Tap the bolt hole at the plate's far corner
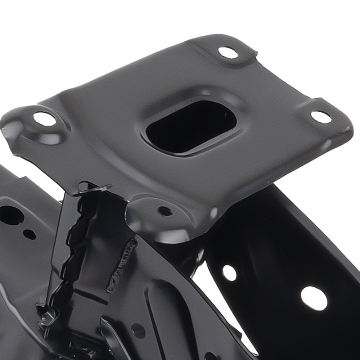tap(228, 53)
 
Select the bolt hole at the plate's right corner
tap(320, 117)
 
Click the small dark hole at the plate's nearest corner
tap(165, 211)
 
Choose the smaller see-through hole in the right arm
tap(229, 273)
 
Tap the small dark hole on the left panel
tap(30, 234)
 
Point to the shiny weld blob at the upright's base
tap(47, 317)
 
